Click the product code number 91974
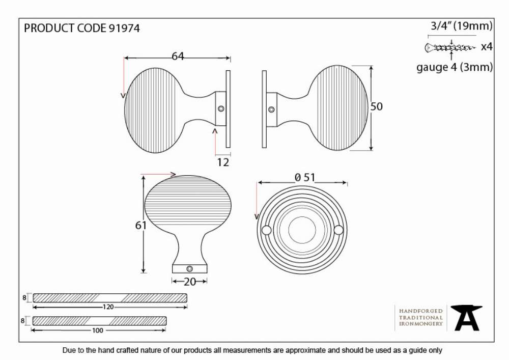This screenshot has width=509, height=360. (x=124, y=28)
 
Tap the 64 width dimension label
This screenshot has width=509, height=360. (x=178, y=56)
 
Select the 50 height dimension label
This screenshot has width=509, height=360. (x=377, y=106)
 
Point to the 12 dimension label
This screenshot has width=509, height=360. (x=223, y=162)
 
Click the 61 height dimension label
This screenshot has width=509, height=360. (x=141, y=225)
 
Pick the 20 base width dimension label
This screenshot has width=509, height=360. (x=189, y=282)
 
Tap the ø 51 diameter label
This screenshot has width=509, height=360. (x=305, y=178)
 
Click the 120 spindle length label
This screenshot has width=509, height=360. (x=108, y=307)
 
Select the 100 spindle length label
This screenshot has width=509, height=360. (x=97, y=330)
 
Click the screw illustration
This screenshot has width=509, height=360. (x=450, y=48)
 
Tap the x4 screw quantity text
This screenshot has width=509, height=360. (x=487, y=47)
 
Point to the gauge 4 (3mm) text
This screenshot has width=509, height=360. (x=455, y=67)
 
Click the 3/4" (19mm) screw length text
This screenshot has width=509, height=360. (x=462, y=25)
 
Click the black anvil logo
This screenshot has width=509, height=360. (x=467, y=318)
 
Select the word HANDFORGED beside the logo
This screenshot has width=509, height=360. (x=421, y=311)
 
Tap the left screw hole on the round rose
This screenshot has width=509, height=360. (x=267, y=230)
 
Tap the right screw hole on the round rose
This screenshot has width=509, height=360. (x=338, y=230)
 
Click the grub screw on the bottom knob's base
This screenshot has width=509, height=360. (x=189, y=269)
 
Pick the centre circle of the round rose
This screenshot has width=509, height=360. (x=302, y=230)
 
